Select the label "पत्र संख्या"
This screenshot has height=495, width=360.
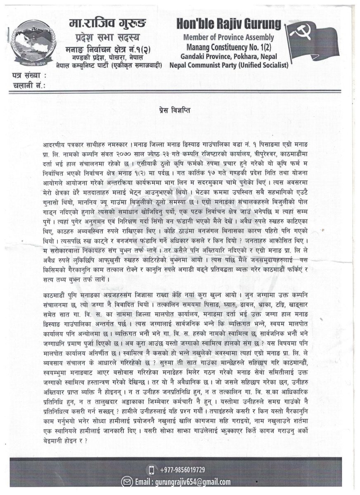[x=27, y=75]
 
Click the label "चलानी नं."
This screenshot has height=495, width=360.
[x=26, y=85]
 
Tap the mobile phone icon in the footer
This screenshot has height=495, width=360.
[x=152, y=470]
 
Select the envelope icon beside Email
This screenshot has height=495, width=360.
[x=126, y=482]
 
